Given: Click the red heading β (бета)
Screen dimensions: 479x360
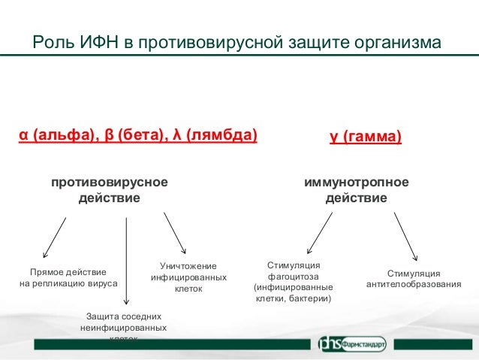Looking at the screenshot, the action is click(x=137, y=136).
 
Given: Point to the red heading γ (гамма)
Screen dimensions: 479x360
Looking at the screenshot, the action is click(x=365, y=138).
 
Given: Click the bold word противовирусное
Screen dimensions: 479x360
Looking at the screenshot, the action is click(x=109, y=182).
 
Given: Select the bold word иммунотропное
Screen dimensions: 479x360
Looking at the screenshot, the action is click(x=357, y=182).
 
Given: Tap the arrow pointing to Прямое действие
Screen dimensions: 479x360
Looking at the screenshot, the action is click(x=55, y=238).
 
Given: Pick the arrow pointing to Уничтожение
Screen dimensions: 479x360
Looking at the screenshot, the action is click(x=175, y=234).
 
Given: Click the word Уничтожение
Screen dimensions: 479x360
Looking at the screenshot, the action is click(x=188, y=266).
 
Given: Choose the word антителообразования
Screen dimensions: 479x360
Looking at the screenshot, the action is click(x=414, y=284).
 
